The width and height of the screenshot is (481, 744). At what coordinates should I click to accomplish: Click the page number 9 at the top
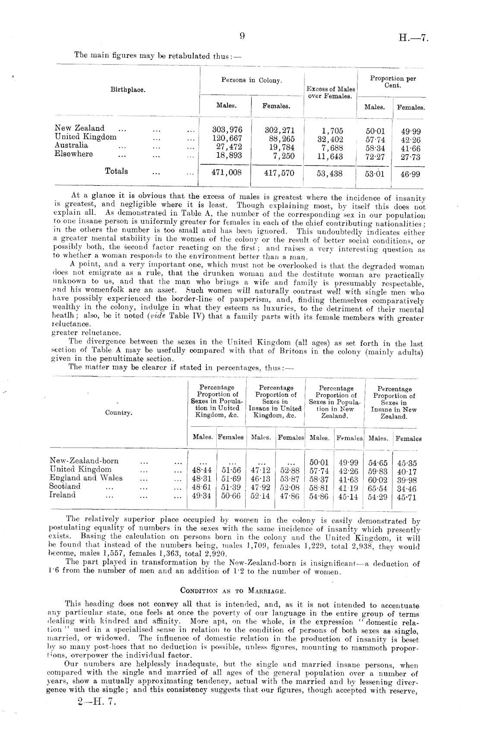coord(242,37)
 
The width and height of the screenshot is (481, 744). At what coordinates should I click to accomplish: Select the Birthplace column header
coord(128,90)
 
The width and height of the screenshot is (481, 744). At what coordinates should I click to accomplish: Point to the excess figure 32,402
coord(330,139)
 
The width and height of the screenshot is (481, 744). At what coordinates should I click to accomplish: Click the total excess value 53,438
coord(329,174)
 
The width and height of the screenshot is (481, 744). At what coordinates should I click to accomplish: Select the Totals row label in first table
coord(117,171)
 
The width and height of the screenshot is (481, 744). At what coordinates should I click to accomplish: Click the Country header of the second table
coord(119,413)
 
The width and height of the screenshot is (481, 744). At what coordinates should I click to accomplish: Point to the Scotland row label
coord(65,486)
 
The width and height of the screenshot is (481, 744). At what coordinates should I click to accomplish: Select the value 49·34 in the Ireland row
coord(202,496)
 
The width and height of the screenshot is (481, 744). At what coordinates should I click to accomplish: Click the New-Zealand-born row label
coord(84,461)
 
